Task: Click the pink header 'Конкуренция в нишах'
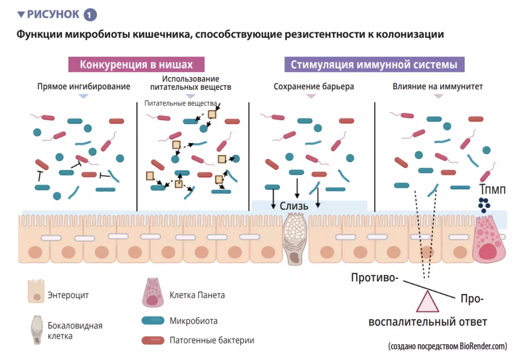point(136,65)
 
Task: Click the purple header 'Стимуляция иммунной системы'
point(374,65)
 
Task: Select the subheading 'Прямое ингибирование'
point(84,87)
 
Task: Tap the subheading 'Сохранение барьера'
point(314,87)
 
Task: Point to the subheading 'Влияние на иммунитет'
point(438,87)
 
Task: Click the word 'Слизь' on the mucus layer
point(294,206)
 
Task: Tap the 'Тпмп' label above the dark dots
point(492,190)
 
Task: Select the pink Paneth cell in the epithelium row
point(489,240)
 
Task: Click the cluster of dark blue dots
point(483,205)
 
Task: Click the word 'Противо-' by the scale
point(375,278)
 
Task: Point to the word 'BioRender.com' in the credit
point(482,346)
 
